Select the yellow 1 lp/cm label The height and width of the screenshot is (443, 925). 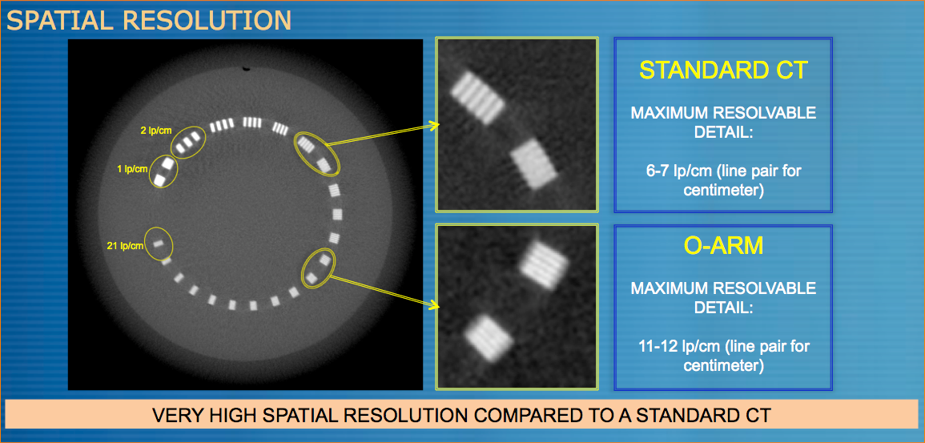[x=131, y=169]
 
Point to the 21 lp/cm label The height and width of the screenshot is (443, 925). [x=125, y=246]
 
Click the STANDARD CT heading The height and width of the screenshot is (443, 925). [x=722, y=70]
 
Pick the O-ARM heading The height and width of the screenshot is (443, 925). [x=722, y=246]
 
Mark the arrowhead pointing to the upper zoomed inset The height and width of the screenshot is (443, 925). [x=436, y=125]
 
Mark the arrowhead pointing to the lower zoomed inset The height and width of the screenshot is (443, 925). [x=436, y=305]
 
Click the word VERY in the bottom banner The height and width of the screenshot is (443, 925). [x=174, y=414]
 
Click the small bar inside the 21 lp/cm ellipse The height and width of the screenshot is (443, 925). [x=158, y=243]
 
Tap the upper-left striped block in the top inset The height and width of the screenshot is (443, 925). [x=477, y=98]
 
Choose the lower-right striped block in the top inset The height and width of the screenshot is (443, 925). [x=534, y=163]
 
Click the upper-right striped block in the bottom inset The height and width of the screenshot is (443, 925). [x=544, y=265]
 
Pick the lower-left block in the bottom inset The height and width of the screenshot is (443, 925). [x=488, y=337]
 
